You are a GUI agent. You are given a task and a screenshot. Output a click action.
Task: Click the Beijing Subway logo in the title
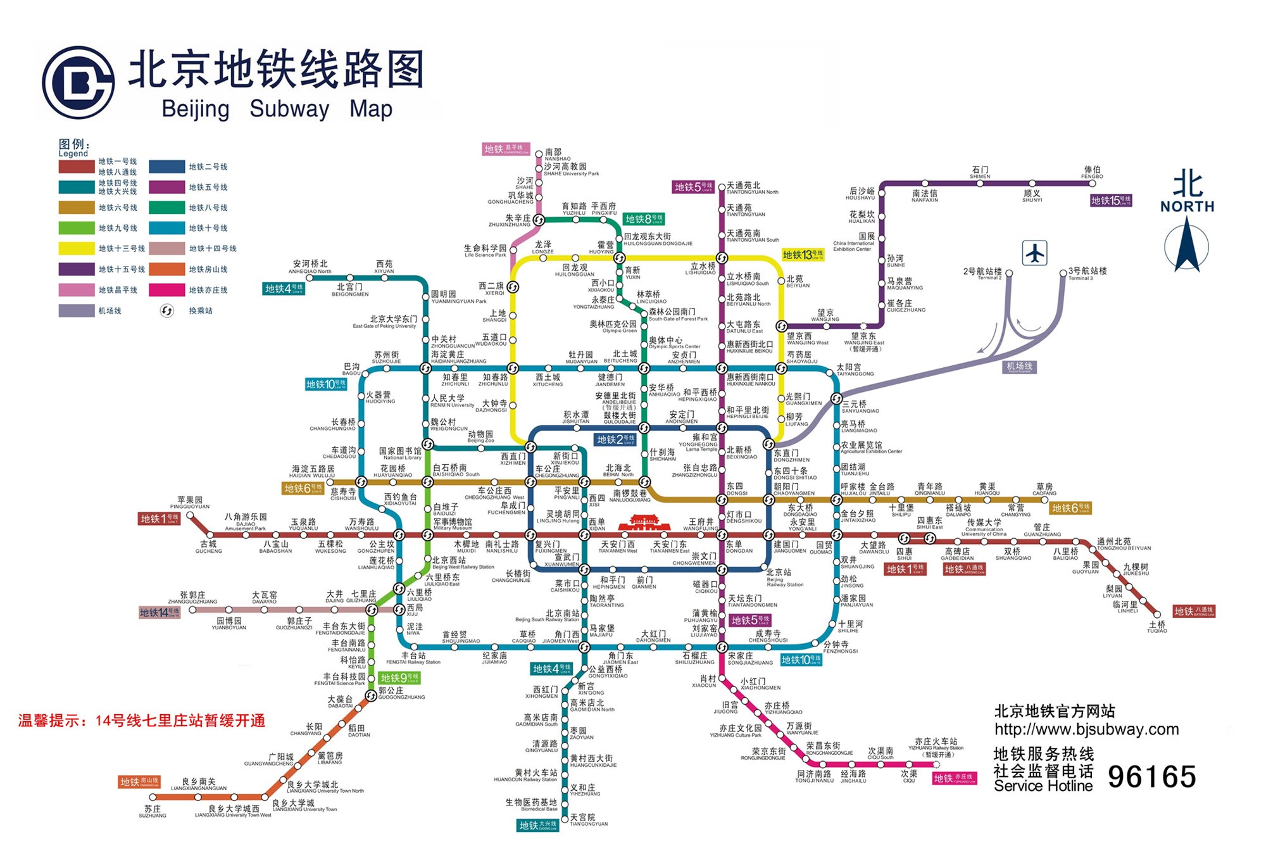pyautogui.click(x=78, y=82)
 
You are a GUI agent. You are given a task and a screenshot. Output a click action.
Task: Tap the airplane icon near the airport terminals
pyautogui.click(x=1034, y=253)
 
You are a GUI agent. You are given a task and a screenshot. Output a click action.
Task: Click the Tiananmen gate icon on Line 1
pyautogui.click(x=643, y=523)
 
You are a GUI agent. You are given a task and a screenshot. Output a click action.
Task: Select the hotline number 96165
pyautogui.click(x=1151, y=777)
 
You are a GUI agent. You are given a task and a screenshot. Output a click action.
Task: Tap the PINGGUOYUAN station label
pyautogui.click(x=189, y=503)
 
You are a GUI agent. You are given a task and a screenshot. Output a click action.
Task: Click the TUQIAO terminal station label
pyautogui.click(x=1156, y=627)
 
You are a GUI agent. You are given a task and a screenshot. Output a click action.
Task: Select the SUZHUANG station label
pyautogui.click(x=153, y=812)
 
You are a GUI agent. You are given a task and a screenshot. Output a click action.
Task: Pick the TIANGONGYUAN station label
pyautogui.click(x=588, y=821)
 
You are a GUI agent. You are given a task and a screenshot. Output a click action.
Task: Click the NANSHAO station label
pyautogui.click(x=557, y=155)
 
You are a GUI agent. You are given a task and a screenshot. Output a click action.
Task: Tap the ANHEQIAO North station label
pyautogui.click(x=310, y=267)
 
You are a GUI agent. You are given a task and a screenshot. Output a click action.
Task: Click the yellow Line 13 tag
pyautogui.click(x=803, y=255)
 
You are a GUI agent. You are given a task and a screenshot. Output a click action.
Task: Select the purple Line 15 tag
pyautogui.click(x=1110, y=201)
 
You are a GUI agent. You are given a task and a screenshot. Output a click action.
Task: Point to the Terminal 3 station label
pyautogui.click(x=1087, y=274)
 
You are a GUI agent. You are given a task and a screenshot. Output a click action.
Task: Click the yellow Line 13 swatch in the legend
pyautogui.click(x=76, y=249)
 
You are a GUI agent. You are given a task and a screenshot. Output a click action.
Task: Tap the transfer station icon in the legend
pyautogui.click(x=166, y=311)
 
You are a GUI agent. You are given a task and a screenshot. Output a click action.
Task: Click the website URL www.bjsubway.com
pyautogui.click(x=1086, y=729)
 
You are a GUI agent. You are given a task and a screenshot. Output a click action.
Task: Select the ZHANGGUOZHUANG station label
pyautogui.click(x=192, y=598)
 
